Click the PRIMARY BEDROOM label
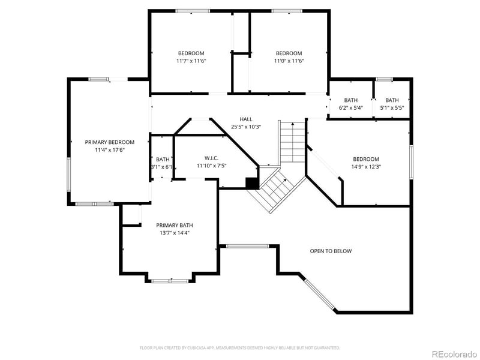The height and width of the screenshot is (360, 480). [109, 142]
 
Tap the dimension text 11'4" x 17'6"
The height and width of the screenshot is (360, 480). [109, 150]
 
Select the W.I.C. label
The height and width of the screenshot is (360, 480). [203, 158]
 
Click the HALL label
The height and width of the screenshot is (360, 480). [246, 119]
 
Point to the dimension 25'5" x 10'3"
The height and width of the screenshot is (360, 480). [246, 127]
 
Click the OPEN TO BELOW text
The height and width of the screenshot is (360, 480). [331, 251]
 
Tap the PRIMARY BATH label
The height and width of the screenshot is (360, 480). [175, 225]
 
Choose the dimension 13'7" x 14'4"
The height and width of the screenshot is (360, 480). [175, 233]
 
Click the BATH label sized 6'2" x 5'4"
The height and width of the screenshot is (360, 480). [350, 100]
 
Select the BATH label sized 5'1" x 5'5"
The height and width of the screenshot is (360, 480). [392, 100]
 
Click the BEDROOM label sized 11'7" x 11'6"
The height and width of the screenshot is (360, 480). [191, 53]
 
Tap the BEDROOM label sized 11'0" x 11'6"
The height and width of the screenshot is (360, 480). [289, 53]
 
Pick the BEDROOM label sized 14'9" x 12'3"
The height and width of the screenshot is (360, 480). [365, 159]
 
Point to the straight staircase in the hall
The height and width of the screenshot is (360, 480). [292, 142]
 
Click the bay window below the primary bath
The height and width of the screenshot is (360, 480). [170, 280]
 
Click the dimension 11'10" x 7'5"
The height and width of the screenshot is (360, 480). [203, 166]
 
